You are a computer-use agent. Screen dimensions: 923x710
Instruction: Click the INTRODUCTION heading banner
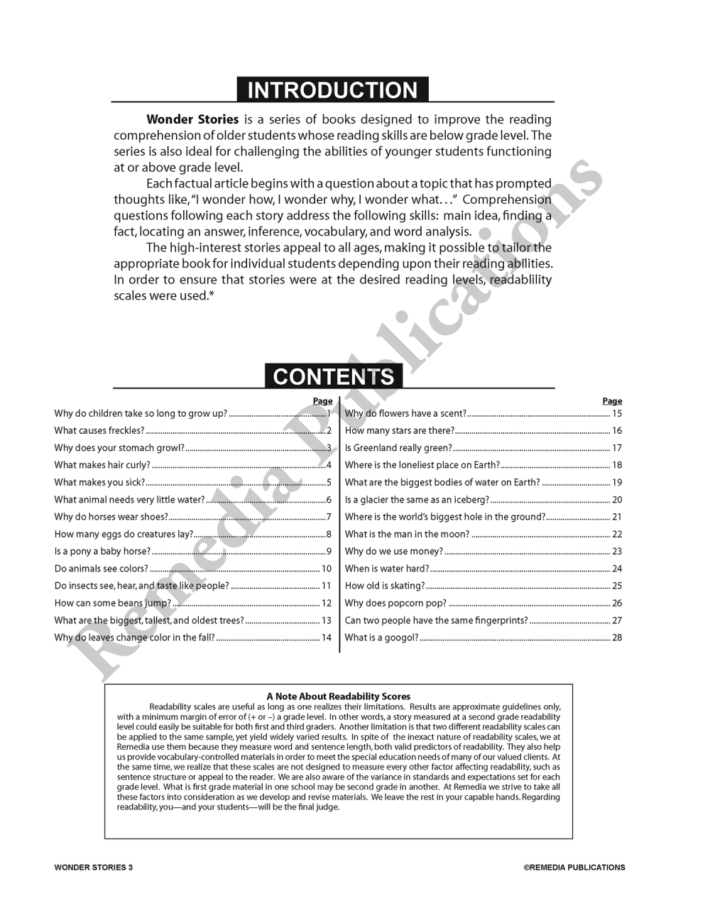(x=332, y=90)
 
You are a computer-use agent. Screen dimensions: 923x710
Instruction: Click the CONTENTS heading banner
(x=333, y=376)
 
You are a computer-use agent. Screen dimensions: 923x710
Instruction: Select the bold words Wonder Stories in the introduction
(x=192, y=119)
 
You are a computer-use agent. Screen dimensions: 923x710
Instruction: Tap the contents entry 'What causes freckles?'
(x=99, y=430)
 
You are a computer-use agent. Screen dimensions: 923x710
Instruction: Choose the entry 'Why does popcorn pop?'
(x=395, y=603)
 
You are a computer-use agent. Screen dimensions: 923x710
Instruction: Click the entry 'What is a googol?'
(x=381, y=638)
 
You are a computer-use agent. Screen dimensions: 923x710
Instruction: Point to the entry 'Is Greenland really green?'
(x=398, y=448)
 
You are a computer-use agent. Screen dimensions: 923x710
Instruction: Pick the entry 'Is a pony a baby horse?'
(x=102, y=551)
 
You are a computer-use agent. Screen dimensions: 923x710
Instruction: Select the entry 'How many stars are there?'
(x=399, y=430)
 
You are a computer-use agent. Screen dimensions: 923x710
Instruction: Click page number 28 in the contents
(x=617, y=638)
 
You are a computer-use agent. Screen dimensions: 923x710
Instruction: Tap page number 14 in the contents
(x=327, y=638)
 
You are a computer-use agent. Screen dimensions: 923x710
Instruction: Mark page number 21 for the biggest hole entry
(x=617, y=517)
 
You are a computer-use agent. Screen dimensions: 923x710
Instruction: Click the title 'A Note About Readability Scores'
(x=339, y=697)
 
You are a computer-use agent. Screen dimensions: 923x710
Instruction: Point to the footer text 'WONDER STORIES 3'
(x=93, y=867)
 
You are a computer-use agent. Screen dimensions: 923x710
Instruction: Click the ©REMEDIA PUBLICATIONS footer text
(x=574, y=867)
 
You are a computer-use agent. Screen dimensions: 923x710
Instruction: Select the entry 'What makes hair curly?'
(x=102, y=465)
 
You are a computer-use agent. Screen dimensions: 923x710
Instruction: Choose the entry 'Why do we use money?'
(x=393, y=551)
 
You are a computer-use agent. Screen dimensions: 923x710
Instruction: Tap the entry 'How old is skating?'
(x=384, y=586)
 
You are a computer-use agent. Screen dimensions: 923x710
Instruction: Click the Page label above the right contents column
(x=612, y=401)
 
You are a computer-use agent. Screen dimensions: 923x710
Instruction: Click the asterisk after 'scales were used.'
(x=212, y=295)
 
